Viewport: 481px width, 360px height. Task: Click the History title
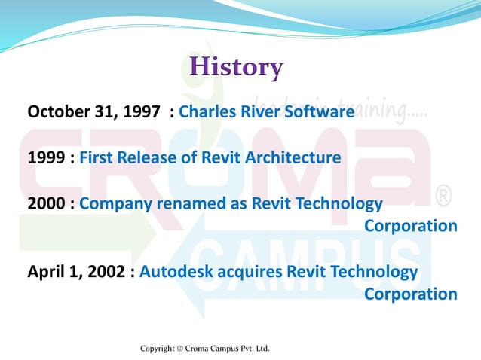pos(236,67)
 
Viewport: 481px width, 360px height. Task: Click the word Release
pos(152,158)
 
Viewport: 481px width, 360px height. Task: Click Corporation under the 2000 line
pos(411,226)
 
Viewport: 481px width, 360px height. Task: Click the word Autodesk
pos(176,271)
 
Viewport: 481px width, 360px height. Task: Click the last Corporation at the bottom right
pos(411,294)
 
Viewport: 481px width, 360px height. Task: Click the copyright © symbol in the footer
pos(179,349)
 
